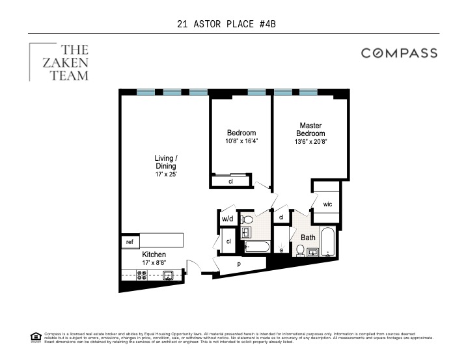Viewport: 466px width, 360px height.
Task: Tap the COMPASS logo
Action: tap(399, 53)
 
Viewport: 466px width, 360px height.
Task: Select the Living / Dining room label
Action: tap(166, 161)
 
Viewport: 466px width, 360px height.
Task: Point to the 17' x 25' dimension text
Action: tap(166, 174)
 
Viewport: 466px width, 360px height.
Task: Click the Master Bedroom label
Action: tap(310, 129)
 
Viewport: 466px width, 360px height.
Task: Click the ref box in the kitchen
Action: tap(130, 241)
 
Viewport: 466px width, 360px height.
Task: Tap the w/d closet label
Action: tap(227, 219)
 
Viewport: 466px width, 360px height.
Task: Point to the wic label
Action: tap(327, 204)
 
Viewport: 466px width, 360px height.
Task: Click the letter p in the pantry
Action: tap(238, 264)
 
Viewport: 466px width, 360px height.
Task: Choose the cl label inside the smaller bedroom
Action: tap(230, 182)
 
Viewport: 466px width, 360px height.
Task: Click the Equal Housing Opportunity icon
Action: tap(36, 337)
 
